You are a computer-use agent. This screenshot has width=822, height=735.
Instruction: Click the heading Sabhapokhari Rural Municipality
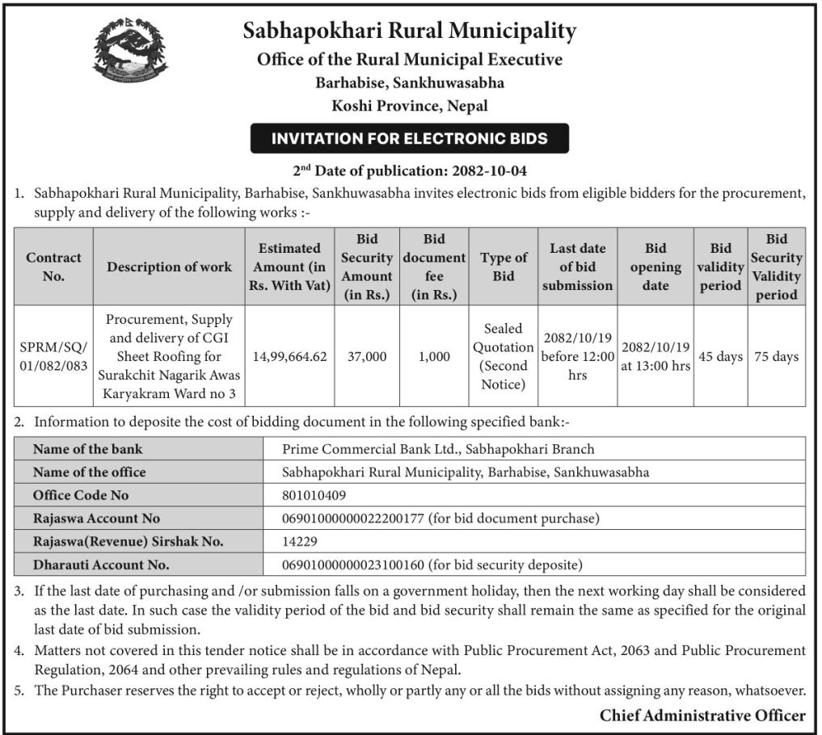(410, 31)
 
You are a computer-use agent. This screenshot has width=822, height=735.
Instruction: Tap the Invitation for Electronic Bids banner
(409, 138)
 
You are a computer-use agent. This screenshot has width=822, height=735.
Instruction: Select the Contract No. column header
(53, 267)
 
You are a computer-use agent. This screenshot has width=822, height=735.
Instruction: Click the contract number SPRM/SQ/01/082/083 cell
(53, 356)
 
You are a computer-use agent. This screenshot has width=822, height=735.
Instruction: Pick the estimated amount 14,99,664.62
(289, 356)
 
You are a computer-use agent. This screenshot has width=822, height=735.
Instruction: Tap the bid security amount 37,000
(366, 356)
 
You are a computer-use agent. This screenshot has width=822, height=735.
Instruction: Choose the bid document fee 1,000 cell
(434, 356)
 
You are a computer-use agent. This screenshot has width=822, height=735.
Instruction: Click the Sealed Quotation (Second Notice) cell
(504, 356)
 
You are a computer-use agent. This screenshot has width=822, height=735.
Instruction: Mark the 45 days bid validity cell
(720, 356)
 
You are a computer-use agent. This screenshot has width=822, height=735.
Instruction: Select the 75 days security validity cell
(776, 356)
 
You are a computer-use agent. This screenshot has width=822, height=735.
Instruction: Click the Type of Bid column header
(504, 267)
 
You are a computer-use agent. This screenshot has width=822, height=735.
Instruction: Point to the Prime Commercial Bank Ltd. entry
(437, 449)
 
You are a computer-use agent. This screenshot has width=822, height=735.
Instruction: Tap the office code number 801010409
(314, 495)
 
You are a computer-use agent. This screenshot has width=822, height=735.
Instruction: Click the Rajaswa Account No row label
(96, 519)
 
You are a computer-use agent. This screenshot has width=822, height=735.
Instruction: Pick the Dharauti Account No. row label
(101, 565)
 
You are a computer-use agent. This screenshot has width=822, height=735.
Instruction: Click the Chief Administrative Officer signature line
(702, 716)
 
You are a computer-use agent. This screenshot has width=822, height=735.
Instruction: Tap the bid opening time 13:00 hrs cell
(655, 356)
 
